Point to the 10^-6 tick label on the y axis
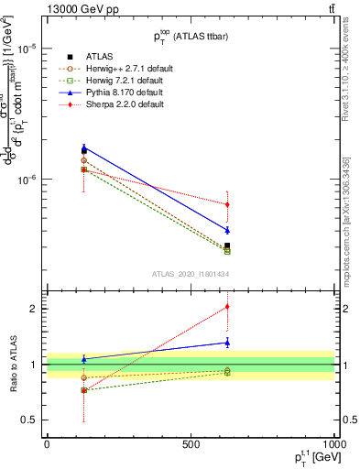(23, 180)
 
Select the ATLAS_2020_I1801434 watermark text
(190, 274)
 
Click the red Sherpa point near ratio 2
(227, 307)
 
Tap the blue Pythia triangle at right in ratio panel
(227, 343)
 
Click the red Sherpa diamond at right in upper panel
(227, 204)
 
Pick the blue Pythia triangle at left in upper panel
(84, 147)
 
